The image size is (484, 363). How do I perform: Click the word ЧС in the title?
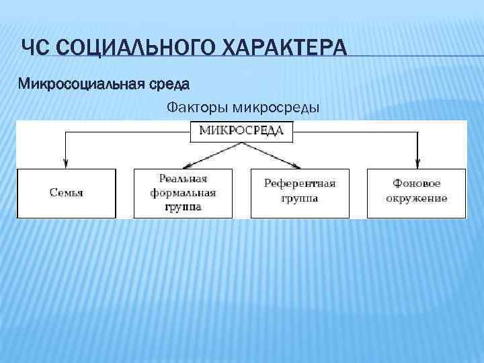pos(34,50)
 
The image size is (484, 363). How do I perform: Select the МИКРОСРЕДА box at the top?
pos(242,130)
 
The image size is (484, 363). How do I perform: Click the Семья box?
pos(67,194)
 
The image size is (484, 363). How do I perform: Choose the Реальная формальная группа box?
pos(183,194)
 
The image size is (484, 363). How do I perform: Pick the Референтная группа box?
pos(300,194)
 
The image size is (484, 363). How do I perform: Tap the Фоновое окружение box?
pos(417,194)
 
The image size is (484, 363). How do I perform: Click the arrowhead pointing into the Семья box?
pos(66,163)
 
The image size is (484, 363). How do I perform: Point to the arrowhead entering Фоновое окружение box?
pos(417,163)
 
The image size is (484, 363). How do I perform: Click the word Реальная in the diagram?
pos(183,179)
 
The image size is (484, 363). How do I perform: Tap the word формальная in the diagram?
pos(183,193)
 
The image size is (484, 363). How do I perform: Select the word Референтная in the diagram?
pos(300,183)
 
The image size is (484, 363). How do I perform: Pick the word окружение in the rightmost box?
pos(417,199)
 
